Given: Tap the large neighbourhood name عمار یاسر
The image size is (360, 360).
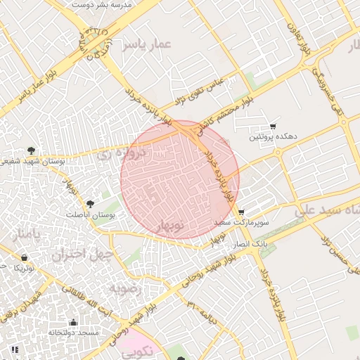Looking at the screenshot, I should click(146, 46).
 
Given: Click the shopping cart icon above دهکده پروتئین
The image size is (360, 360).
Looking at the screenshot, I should click(274, 125).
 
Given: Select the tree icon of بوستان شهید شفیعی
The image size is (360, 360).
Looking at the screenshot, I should click(31, 150).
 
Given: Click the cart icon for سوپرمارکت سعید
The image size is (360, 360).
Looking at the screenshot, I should click(241, 212).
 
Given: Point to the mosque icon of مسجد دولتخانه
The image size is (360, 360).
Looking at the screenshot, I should click(73, 322).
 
